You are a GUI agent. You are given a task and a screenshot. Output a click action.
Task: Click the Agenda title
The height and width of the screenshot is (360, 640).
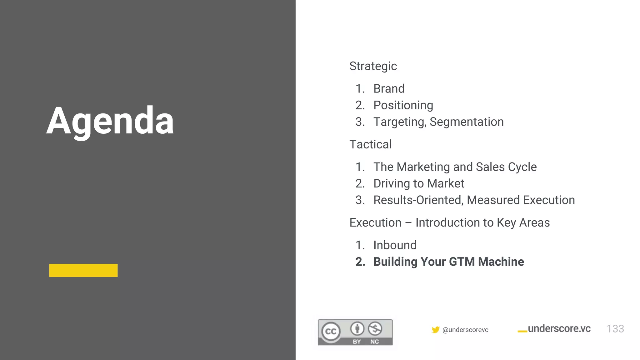click(x=110, y=121)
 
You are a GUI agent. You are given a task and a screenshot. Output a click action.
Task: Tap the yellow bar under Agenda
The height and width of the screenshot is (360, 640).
click(x=83, y=270)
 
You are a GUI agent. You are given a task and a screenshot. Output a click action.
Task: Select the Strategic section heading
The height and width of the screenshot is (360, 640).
click(x=373, y=66)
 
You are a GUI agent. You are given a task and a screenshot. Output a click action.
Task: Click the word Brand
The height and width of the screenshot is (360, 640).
click(x=389, y=89)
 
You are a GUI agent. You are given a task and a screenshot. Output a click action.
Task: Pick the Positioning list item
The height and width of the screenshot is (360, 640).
click(x=403, y=105)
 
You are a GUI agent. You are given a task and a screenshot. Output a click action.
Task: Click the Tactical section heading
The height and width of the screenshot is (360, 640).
click(x=370, y=144)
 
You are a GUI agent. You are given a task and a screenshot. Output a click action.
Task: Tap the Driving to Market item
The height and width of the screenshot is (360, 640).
click(x=419, y=183)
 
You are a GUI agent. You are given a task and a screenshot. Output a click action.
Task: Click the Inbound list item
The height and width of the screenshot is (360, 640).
click(x=395, y=245)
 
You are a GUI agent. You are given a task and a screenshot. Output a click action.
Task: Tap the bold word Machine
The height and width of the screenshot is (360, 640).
click(x=501, y=262)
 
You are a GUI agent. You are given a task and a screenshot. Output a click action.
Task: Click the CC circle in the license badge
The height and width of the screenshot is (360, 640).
click(x=331, y=331)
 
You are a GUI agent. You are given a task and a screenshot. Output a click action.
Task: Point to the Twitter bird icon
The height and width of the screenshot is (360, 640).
click(x=435, y=330)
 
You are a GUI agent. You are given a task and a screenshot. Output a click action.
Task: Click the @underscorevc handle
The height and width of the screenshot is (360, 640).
click(x=465, y=330)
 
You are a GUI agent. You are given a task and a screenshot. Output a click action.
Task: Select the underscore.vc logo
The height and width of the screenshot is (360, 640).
click(x=554, y=329)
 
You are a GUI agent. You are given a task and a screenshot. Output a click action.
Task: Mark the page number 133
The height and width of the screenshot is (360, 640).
click(x=615, y=329)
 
